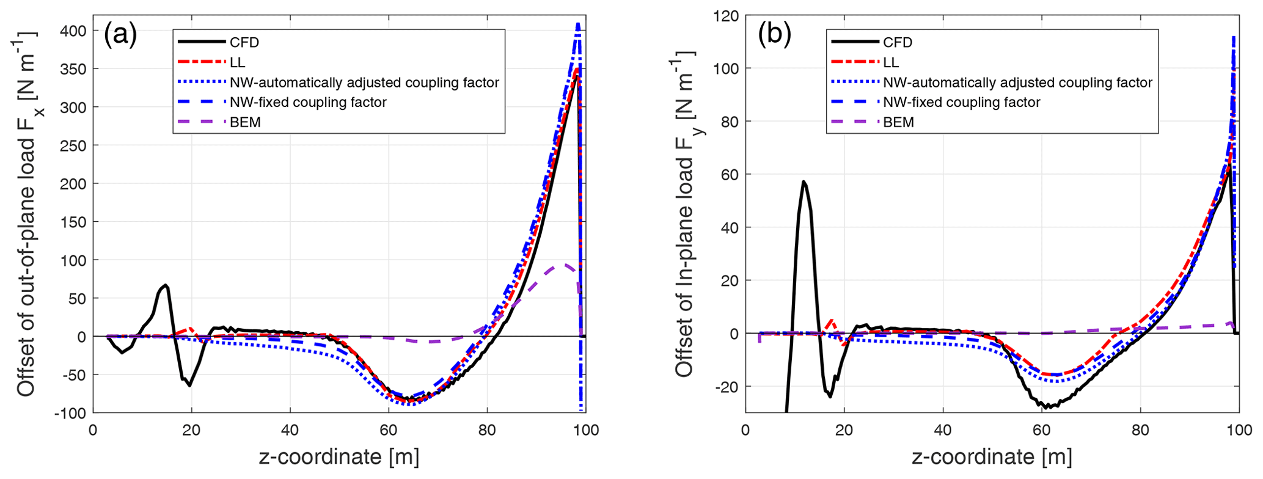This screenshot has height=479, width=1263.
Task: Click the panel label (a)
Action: click(x=120, y=35)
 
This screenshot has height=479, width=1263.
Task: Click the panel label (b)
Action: click(x=774, y=35)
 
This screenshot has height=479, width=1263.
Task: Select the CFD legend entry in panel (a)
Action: click(x=244, y=42)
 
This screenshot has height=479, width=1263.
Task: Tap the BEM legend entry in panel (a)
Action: click(x=245, y=122)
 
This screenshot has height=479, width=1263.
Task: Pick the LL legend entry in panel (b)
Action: click(x=891, y=62)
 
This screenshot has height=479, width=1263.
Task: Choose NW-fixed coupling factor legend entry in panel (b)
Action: click(x=961, y=102)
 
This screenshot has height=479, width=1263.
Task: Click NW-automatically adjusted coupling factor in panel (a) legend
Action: click(x=364, y=82)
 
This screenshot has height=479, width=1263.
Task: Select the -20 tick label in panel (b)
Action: click(x=726, y=387)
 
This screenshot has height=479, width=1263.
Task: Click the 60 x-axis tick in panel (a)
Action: click(x=389, y=430)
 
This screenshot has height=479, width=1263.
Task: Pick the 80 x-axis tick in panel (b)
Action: click(x=1140, y=430)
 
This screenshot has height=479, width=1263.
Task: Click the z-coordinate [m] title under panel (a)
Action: click(x=339, y=457)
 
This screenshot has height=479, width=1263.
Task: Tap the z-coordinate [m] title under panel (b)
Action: click(x=992, y=457)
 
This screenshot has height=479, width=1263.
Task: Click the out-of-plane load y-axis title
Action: click(x=26, y=214)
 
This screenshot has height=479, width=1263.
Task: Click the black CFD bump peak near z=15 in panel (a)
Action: click(x=166, y=285)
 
